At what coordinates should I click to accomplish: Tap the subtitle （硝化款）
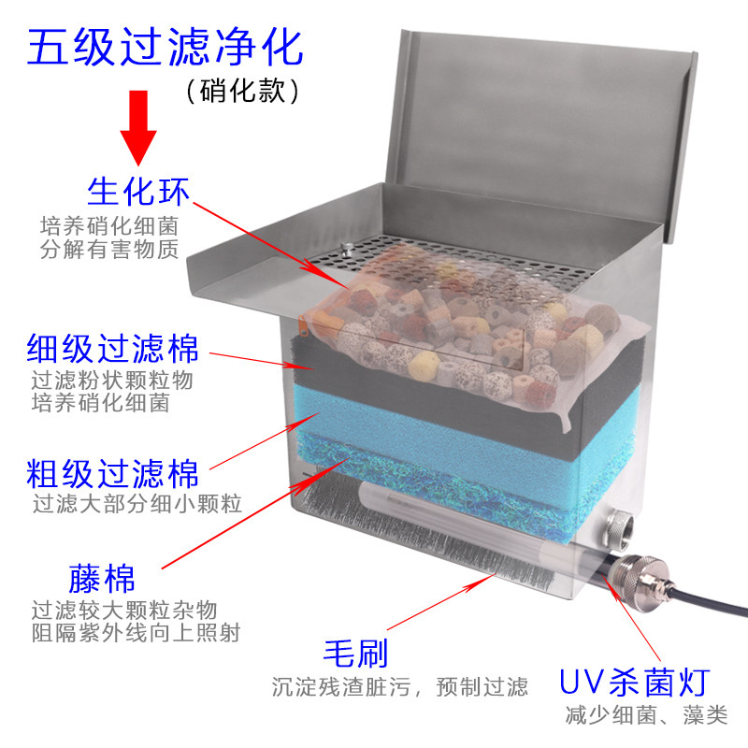pyautogui.click(x=242, y=91)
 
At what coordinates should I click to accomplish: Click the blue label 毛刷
pyautogui.click(x=354, y=652)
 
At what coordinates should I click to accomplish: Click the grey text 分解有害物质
pyautogui.click(x=108, y=250)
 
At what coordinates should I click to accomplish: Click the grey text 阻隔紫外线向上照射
pyautogui.click(x=135, y=632)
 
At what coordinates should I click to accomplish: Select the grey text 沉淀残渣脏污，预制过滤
pyautogui.click(x=400, y=687)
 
